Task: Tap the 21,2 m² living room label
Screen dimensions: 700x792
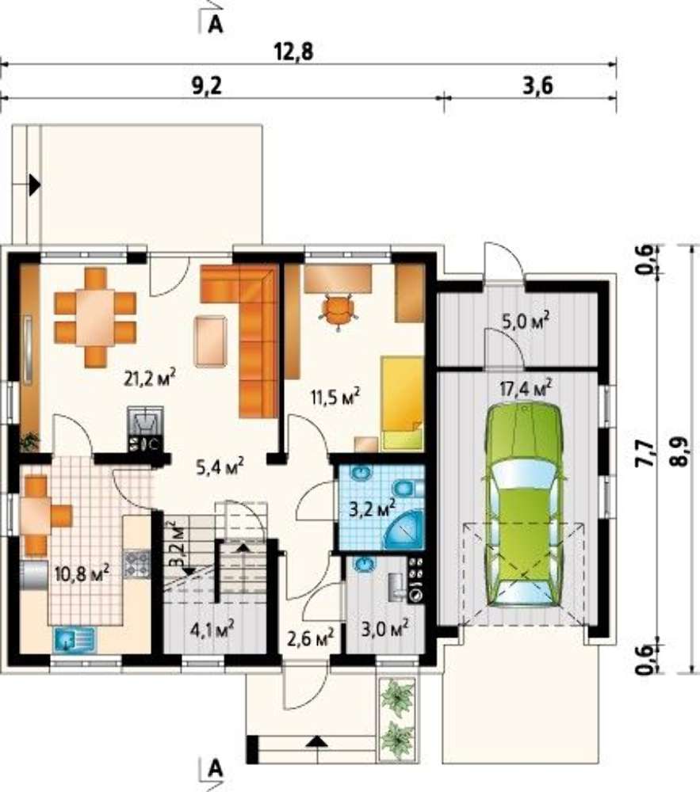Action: [x=150, y=377]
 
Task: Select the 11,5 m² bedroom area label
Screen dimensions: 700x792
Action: [x=335, y=397]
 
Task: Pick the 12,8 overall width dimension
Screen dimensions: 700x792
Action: [x=293, y=51]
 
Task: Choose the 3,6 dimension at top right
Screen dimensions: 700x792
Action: [x=537, y=86]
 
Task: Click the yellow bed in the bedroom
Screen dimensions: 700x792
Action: [x=402, y=403]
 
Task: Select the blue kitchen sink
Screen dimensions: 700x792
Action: [x=75, y=638]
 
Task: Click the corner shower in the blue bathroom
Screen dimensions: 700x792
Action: [x=404, y=531]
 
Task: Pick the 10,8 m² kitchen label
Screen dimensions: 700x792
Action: [x=82, y=573]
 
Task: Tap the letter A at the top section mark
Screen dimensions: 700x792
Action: [x=216, y=25]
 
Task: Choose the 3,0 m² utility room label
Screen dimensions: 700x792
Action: [x=385, y=629]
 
